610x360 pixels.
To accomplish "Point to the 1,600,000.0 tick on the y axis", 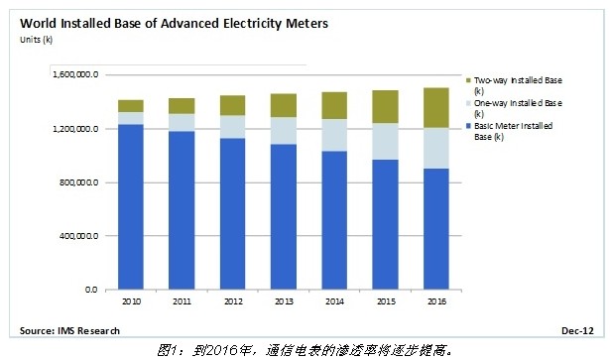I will (x=75, y=75).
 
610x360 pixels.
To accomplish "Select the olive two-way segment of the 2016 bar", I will (x=435, y=107).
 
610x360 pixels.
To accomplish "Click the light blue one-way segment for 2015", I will (x=385, y=141).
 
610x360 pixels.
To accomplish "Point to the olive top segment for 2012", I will (x=233, y=105).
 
